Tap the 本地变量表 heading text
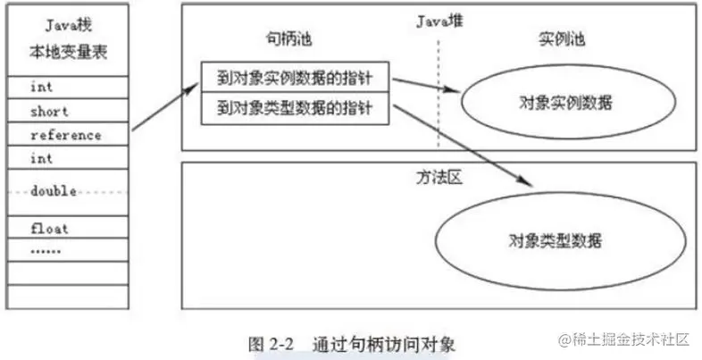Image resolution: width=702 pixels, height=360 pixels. [69, 53]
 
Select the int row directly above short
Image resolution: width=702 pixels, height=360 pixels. [68, 87]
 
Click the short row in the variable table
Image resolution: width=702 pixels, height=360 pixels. [68, 110]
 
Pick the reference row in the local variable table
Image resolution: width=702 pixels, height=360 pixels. [68, 133]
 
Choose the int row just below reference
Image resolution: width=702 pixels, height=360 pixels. [68, 157]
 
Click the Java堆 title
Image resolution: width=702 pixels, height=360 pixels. [439, 21]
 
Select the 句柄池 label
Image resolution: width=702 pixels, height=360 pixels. [288, 39]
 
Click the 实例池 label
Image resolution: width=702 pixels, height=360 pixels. [561, 39]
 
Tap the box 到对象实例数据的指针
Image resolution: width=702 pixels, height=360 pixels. [295, 77]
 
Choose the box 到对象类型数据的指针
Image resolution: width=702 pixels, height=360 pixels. [295, 108]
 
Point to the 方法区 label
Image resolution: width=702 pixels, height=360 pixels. [439, 178]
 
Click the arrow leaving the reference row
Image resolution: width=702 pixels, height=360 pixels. [164, 106]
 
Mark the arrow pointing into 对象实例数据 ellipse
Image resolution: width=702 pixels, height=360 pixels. [427, 85]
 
